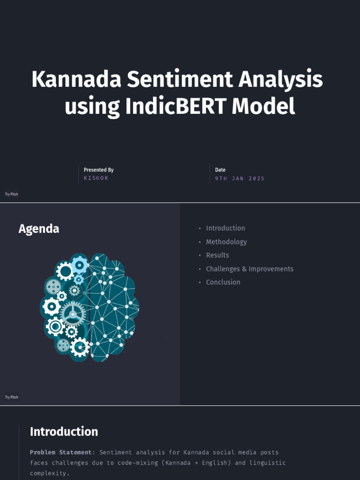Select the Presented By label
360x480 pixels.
click(98, 170)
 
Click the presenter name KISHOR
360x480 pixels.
click(96, 179)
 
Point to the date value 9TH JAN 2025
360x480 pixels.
click(240, 179)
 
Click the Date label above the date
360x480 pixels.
click(220, 170)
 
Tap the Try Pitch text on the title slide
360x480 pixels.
click(12, 194)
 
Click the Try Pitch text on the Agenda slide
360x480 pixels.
click(12, 397)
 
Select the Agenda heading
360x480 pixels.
click(39, 229)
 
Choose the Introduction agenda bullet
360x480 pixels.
click(225, 228)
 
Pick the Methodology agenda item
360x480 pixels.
click(226, 242)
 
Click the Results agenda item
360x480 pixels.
click(217, 255)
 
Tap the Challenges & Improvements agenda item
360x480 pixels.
click(250, 269)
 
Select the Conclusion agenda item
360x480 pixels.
click(223, 282)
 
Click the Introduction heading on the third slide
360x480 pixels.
click(64, 432)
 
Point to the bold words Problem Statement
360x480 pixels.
click(61, 452)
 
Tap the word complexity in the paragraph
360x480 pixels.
click(49, 473)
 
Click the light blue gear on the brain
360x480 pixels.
click(80, 265)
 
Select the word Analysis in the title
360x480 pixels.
click(280, 79)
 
